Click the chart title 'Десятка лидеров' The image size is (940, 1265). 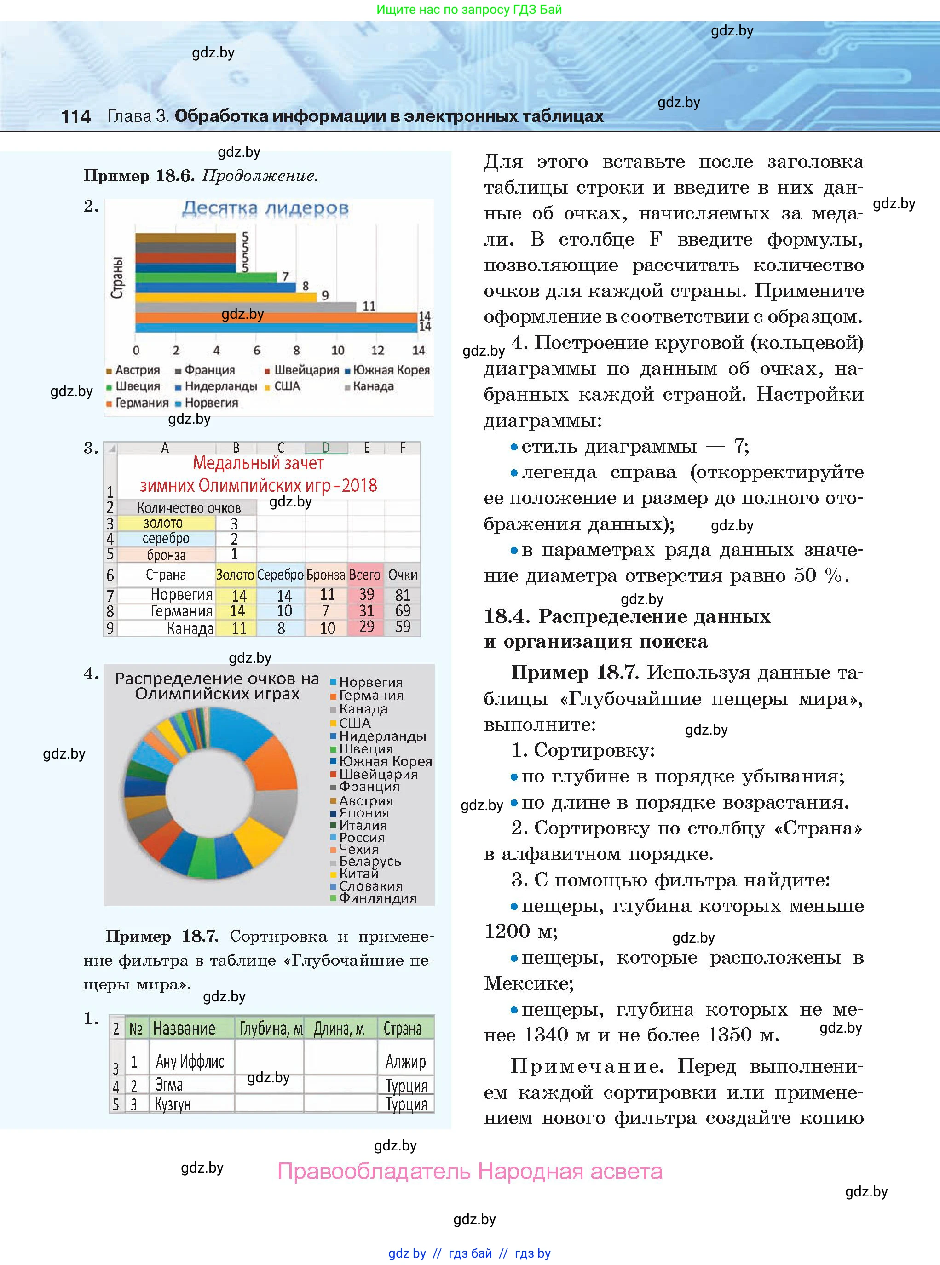[265, 209]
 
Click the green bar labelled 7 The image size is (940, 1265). [205, 277]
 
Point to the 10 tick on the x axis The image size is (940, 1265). [338, 351]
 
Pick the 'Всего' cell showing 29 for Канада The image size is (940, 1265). [366, 627]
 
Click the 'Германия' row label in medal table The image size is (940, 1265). [181, 611]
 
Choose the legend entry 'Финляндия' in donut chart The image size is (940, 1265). [377, 898]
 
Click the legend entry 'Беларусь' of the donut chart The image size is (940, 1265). [370, 861]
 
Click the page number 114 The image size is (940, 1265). [75, 117]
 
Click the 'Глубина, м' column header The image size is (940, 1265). [270, 1029]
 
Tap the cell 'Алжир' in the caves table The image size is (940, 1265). [405, 1061]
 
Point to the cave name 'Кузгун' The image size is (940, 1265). [173, 1104]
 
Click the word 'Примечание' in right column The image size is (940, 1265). [587, 1066]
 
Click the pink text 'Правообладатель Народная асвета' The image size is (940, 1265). [469, 1171]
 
